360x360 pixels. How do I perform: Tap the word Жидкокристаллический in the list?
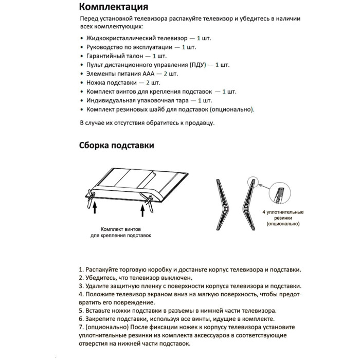pyautogui.click(x=121, y=39)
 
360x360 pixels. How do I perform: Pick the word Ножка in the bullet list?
pyautogui.click(x=96, y=82)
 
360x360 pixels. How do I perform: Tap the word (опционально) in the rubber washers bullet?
pyautogui.click(x=231, y=110)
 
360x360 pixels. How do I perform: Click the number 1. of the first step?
pyautogui.click(x=81, y=270)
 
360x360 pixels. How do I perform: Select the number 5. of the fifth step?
pyautogui.click(x=81, y=311)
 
